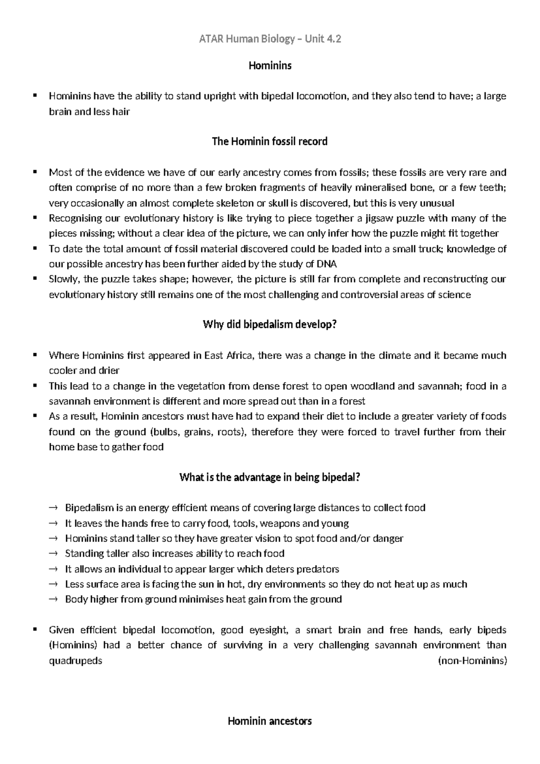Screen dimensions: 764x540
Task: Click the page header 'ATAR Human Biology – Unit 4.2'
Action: tap(270, 39)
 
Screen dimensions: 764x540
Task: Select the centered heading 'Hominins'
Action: tap(270, 66)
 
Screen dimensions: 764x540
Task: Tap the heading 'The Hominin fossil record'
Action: tap(270, 141)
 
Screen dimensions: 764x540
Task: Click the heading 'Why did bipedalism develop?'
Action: tap(270, 324)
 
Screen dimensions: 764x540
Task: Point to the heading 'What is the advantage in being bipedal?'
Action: tap(270, 477)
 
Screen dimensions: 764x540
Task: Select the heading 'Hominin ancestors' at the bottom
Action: tap(270, 721)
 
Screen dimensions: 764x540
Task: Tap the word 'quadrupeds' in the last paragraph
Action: tap(75, 661)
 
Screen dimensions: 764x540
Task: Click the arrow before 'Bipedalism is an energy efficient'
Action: tap(53, 508)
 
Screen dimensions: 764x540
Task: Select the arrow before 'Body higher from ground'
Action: tap(53, 600)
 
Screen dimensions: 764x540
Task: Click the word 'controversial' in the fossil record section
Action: tap(366, 295)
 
